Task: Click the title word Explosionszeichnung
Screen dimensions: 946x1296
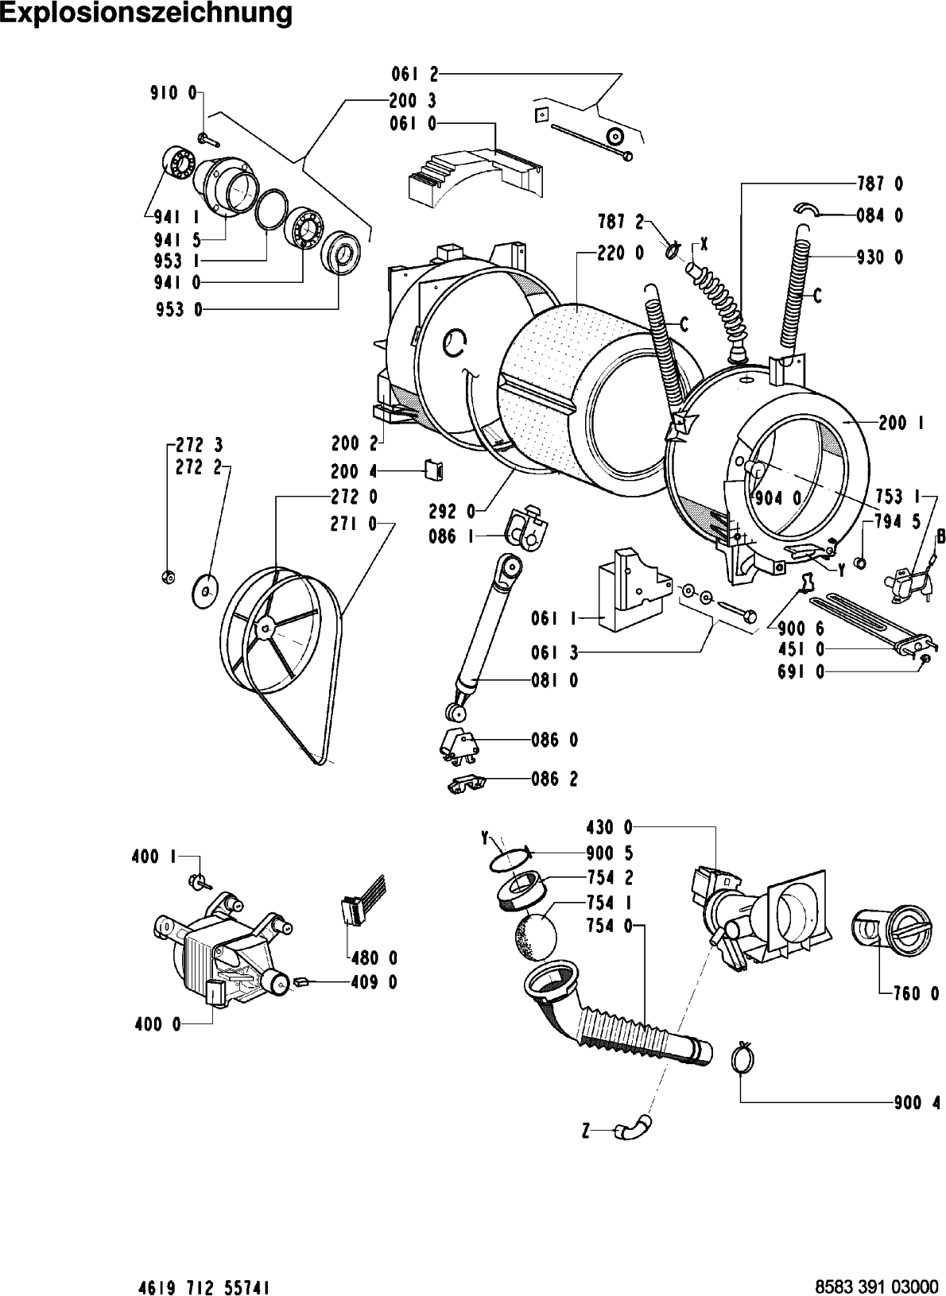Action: click(x=146, y=14)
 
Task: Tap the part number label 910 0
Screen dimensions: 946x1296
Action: click(x=173, y=92)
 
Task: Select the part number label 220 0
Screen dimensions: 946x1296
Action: click(x=620, y=253)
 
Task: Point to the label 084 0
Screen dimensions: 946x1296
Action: click(x=879, y=216)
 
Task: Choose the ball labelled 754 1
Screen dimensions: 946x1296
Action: click(x=534, y=936)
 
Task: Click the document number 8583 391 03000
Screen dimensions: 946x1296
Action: click(x=876, y=1286)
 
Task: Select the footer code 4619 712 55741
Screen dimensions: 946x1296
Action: click(x=204, y=1286)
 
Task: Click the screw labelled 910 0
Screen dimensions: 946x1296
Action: click(x=207, y=139)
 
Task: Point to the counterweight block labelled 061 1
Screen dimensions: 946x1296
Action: click(x=634, y=589)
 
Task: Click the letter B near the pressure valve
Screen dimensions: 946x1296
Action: click(x=940, y=536)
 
